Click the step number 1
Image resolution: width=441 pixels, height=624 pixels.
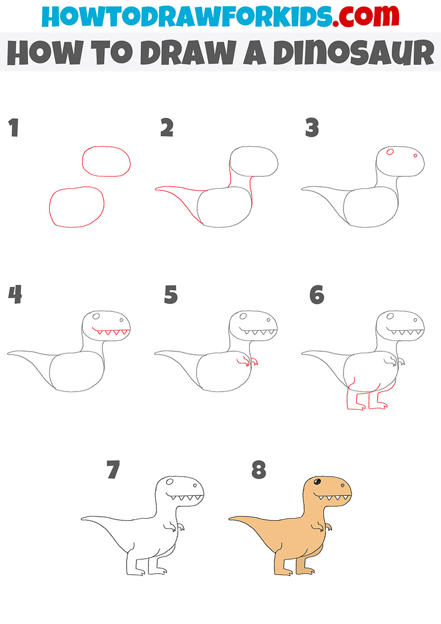point(13,128)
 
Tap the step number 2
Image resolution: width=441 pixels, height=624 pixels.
point(167,128)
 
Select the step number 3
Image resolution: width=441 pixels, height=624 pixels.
point(312,128)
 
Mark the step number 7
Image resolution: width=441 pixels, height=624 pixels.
point(113,470)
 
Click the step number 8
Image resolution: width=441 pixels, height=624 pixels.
point(258,470)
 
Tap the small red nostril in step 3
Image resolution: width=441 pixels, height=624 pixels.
point(415,155)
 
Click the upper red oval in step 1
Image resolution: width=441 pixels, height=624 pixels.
point(106,161)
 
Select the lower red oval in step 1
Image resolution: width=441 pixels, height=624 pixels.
point(77,207)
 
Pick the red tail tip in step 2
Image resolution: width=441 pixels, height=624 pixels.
point(158,189)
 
